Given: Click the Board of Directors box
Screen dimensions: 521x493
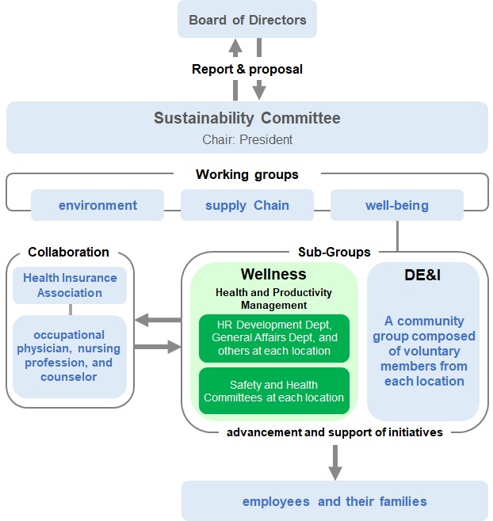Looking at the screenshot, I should click(247, 19).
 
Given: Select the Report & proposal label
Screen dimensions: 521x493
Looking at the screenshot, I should click(247, 69).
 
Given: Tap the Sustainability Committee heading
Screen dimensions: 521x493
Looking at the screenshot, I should click(247, 119).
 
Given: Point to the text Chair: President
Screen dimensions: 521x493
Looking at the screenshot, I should click(247, 139).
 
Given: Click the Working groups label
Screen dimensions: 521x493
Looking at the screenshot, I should click(247, 174).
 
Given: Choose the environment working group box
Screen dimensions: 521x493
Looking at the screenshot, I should click(97, 205).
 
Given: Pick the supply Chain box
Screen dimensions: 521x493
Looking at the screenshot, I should click(247, 205).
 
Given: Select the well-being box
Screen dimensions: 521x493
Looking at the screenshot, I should click(397, 205).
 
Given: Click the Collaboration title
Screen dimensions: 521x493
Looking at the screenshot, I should click(68, 252).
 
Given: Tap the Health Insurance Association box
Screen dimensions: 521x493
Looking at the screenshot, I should click(70, 285).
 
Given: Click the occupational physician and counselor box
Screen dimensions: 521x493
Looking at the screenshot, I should click(70, 356).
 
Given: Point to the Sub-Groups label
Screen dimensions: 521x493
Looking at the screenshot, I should click(334, 252).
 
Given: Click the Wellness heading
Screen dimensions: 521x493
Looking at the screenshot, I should click(273, 275).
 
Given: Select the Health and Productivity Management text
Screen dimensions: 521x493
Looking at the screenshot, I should click(273, 299).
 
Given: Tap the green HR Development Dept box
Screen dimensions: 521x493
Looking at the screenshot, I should click(273, 337).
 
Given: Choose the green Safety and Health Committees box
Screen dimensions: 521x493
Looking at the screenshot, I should click(273, 390).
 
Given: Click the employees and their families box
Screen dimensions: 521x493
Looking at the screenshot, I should click(334, 501).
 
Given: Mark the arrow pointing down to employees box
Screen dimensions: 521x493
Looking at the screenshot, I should click(335, 462).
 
